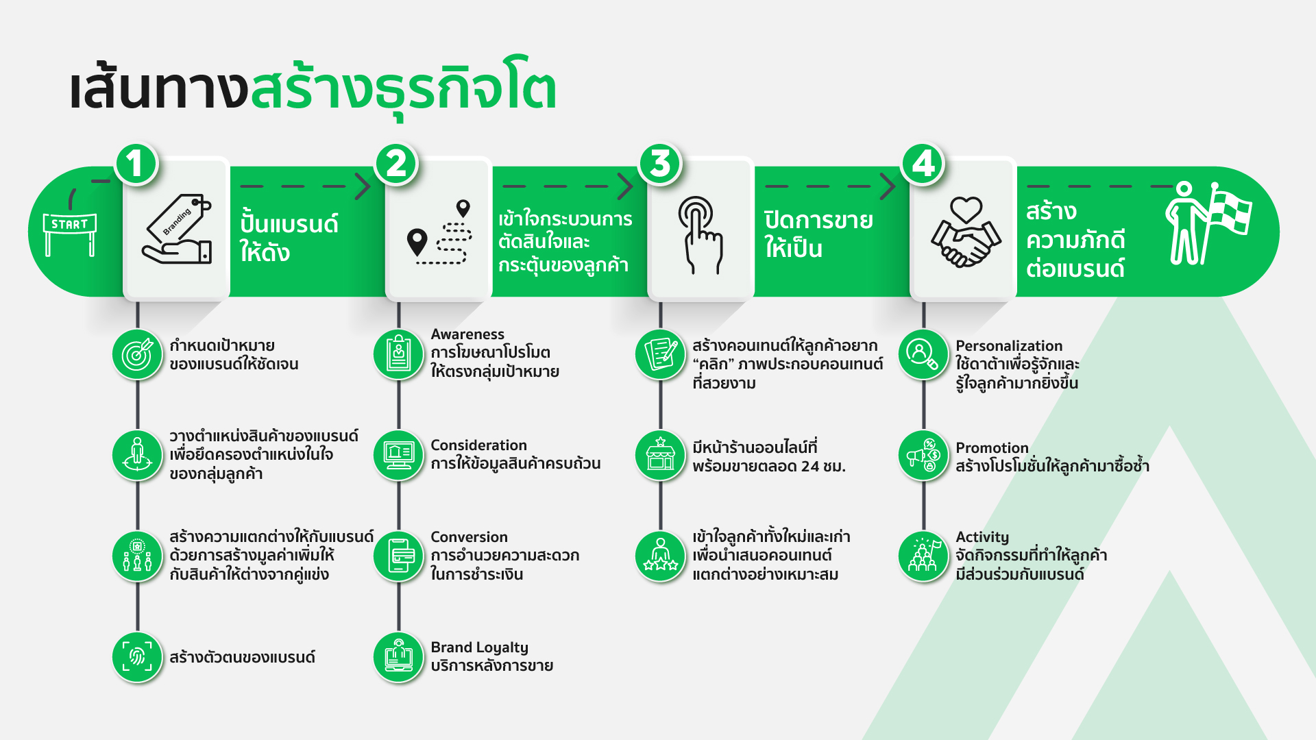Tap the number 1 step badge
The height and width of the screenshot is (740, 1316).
[x=136, y=164]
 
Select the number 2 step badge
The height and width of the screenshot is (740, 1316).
[x=397, y=164]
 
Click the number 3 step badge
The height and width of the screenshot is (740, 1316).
[x=660, y=164]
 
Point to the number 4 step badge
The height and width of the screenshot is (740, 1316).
[x=923, y=164]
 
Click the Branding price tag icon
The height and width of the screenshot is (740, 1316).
[x=177, y=229]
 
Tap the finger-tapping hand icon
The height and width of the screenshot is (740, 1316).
[x=700, y=235]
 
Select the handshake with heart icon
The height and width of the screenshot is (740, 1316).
[x=965, y=232]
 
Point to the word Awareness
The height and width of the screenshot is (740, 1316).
[x=467, y=334]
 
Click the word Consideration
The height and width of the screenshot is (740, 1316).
[x=478, y=445]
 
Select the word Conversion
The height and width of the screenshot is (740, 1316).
[x=469, y=537]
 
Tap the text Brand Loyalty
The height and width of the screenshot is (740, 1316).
[x=479, y=647]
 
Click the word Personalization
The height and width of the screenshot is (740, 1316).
[x=1009, y=346]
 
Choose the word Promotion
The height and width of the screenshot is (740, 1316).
[x=992, y=448]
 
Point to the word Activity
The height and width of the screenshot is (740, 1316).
[x=982, y=537]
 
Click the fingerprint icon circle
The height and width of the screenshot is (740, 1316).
[x=137, y=657]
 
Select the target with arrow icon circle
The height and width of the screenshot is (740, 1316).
[x=137, y=354]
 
